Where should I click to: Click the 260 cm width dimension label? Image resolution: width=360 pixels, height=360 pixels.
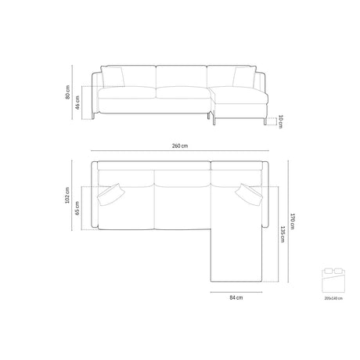(x=179, y=146)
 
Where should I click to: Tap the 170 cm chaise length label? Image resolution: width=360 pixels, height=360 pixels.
(x=292, y=221)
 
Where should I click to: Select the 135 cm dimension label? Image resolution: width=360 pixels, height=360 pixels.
(x=282, y=234)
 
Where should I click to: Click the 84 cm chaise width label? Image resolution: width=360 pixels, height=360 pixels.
(x=236, y=297)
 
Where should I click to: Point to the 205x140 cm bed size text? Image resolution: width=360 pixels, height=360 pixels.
(x=333, y=298)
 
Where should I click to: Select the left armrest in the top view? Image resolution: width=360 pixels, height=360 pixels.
(x=94, y=196)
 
